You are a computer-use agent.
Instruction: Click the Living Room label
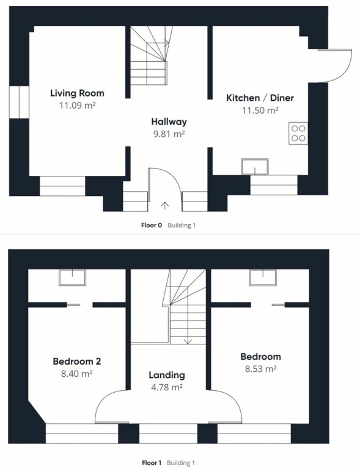point(77,93)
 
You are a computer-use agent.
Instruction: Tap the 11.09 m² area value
point(77,105)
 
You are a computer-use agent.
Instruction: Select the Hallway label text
point(169,122)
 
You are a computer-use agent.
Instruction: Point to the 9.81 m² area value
point(169,134)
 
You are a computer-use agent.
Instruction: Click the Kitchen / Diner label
point(260,98)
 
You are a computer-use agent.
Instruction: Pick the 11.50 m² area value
point(260,111)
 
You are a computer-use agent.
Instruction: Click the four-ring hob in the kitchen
point(298,133)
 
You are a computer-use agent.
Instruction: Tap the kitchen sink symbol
point(255,167)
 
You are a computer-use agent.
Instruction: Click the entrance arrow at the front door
point(165,206)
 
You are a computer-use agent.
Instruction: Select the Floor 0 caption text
point(152,225)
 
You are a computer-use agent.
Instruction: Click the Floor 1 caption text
point(152,463)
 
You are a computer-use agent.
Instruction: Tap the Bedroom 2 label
point(77,362)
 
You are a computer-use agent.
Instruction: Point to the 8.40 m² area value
point(77,374)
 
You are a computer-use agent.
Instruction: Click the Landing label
point(167,375)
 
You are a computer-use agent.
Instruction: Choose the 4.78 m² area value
point(167,387)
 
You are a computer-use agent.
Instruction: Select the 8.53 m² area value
point(260,369)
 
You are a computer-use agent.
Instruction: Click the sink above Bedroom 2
point(72,278)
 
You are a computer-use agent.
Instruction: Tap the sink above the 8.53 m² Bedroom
point(263,278)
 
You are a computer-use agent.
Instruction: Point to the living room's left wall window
point(19,102)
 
